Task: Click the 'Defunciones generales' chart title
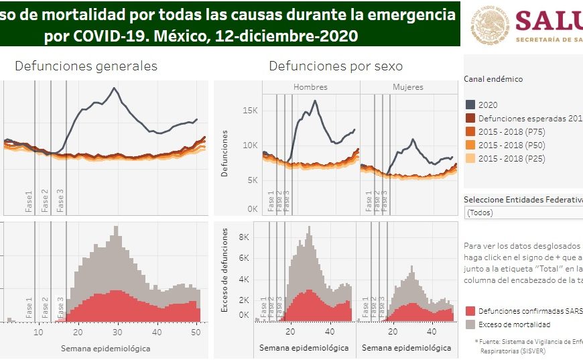(x=86, y=66)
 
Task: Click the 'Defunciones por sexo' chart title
(x=335, y=66)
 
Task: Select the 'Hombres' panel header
(x=310, y=88)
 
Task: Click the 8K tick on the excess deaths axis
(x=245, y=237)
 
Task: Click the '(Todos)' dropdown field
(x=523, y=213)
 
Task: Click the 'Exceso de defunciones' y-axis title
(x=226, y=270)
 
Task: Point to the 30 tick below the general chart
(x=117, y=333)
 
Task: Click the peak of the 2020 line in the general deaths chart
(x=115, y=88)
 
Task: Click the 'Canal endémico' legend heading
(x=493, y=79)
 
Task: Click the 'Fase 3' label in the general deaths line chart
(x=61, y=202)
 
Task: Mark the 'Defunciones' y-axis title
(x=226, y=154)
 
